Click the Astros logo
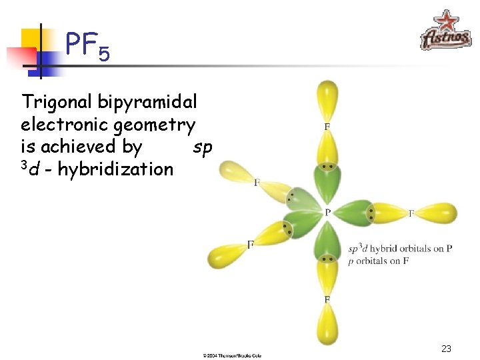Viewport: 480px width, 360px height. pos(445,31)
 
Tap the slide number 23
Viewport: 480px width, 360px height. pos(446,349)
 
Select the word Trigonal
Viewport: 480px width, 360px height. pos(57,102)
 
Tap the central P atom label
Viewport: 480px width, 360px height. pos(328,213)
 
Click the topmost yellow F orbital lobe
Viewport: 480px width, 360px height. pos(327,97)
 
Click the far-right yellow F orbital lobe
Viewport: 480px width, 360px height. pos(437,212)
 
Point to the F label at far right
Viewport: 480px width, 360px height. pos(411,213)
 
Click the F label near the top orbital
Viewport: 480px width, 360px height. pos(327,126)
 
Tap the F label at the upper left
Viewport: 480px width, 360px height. pos(257,182)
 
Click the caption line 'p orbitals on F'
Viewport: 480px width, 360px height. pos(379,261)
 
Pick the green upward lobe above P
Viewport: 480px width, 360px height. pos(327,187)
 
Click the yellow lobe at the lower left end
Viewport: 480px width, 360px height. pos(224,255)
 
